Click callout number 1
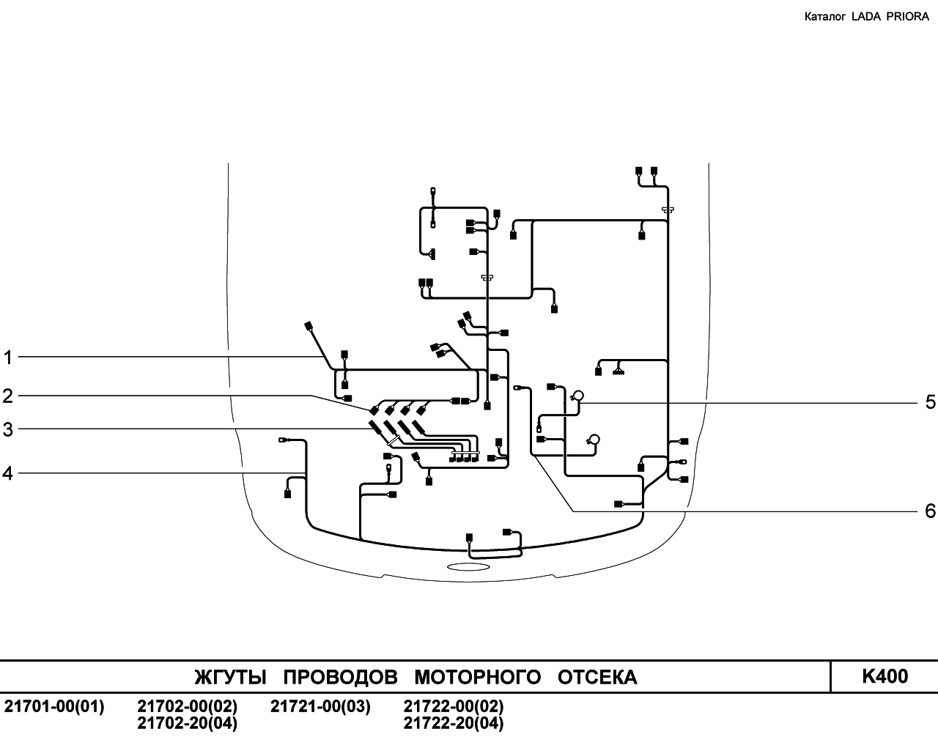[x=8, y=358]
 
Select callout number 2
[x=8, y=396]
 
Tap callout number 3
[x=8, y=430]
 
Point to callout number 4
[x=8, y=473]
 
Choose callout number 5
[x=930, y=402]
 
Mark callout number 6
[x=930, y=511]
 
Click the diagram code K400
[x=885, y=676]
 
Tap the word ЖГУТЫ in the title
[x=230, y=678]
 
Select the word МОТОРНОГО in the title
[x=478, y=678]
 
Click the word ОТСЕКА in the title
[x=597, y=678]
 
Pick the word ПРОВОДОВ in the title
[x=341, y=678]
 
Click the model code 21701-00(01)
[x=54, y=706]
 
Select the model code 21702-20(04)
[x=188, y=723]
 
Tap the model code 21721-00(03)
[x=320, y=706]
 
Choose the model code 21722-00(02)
[x=454, y=706]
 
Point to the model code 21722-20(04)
[x=454, y=723]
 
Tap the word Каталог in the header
[x=825, y=17]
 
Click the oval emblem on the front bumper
[x=468, y=566]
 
